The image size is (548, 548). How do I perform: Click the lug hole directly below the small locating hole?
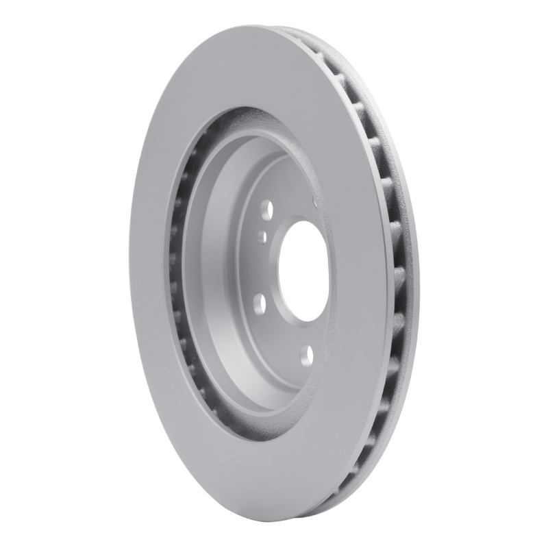[259, 302]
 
